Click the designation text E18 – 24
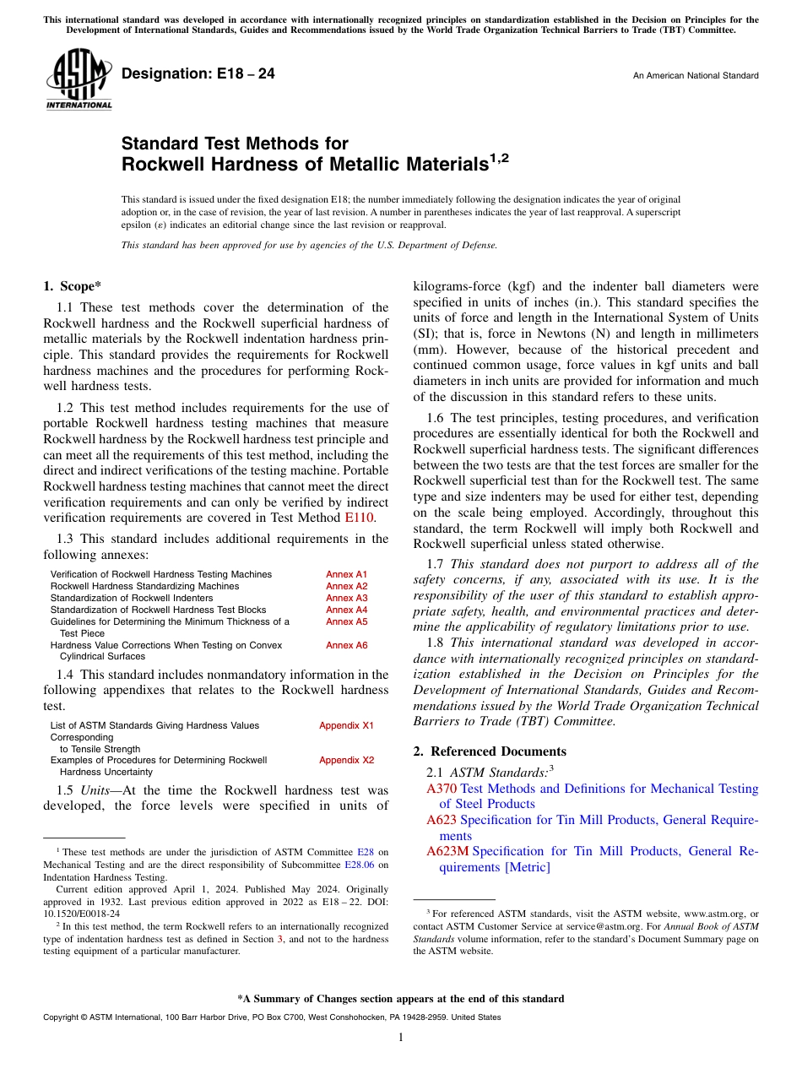click(198, 74)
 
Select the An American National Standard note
click(695, 76)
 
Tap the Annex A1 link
click(346, 574)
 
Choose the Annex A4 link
click(346, 610)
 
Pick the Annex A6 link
click(346, 645)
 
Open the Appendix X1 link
click(346, 725)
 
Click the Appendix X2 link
click(346, 760)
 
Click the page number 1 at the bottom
click(401, 1038)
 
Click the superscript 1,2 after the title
click(500, 158)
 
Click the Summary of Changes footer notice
click(400, 999)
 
